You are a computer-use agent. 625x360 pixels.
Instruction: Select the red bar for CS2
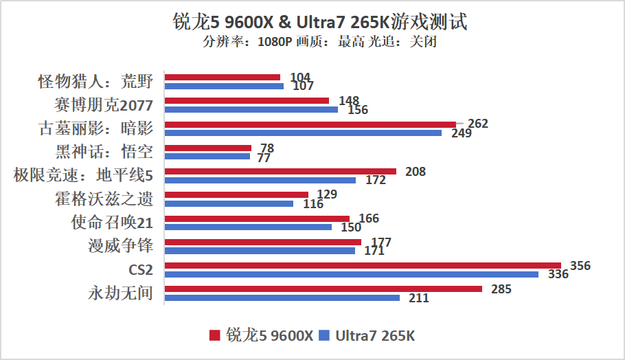[x=363, y=266]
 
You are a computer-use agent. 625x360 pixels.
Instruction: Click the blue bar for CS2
[x=352, y=274]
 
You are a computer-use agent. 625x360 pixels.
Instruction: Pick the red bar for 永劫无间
[x=323, y=289]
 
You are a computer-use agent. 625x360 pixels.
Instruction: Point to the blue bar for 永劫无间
[x=282, y=297]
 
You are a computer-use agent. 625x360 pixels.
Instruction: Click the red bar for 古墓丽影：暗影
[x=310, y=124]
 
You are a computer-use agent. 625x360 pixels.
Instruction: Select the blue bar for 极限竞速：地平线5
[x=260, y=180]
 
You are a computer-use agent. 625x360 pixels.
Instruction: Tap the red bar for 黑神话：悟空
[x=208, y=148]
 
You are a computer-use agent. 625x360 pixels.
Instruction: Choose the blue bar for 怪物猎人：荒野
[x=224, y=86]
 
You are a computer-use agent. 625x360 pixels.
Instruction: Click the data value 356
[x=580, y=266]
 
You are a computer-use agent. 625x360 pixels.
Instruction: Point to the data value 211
[x=418, y=298]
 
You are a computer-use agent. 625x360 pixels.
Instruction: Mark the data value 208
[x=416, y=171]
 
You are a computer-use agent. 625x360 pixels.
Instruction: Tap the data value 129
[x=327, y=194]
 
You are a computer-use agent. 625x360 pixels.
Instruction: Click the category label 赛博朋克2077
[x=103, y=105]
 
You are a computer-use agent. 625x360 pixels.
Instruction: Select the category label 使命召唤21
[x=112, y=223]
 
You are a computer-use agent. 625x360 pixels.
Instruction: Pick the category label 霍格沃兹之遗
[x=104, y=199]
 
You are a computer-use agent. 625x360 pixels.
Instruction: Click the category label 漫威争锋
[x=121, y=246]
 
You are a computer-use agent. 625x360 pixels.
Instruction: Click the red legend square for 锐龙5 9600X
[x=214, y=335]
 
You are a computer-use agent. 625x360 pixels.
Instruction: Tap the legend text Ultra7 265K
[x=376, y=336]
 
